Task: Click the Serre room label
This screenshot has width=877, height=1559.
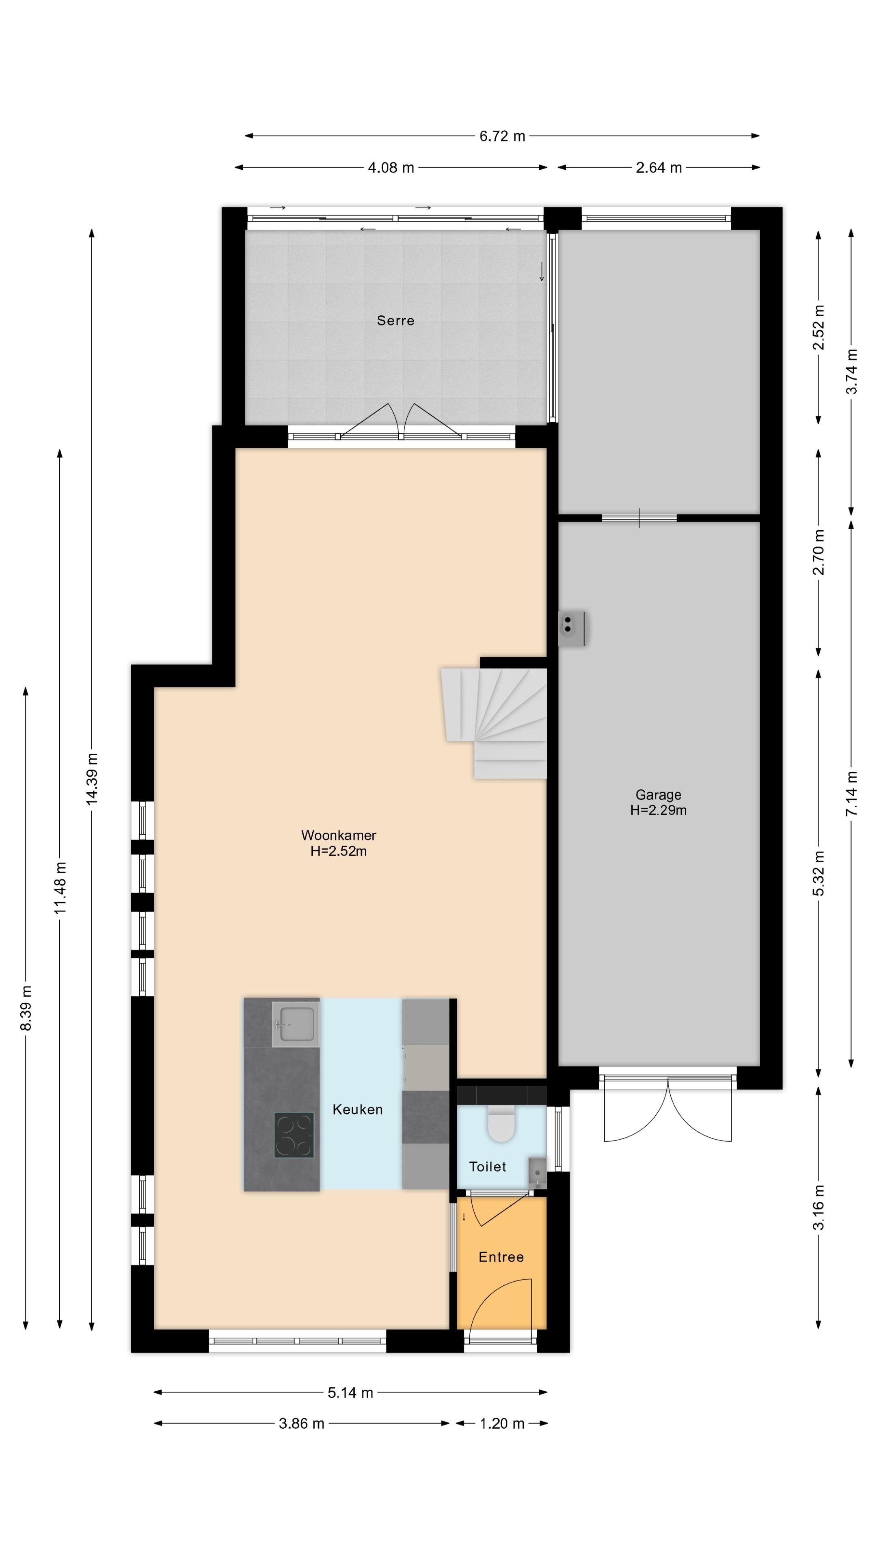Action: tap(395, 320)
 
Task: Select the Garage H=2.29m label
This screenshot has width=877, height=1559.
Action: tap(658, 803)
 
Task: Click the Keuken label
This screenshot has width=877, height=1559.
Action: tap(357, 1109)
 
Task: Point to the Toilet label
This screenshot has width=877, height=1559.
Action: tap(487, 1166)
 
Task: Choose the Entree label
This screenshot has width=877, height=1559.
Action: tap(501, 1257)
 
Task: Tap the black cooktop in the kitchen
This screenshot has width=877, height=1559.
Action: tap(294, 1136)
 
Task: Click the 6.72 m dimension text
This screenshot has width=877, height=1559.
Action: tap(502, 136)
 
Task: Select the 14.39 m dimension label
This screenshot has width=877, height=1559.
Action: tap(92, 779)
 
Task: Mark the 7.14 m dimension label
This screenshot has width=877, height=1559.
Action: tap(851, 793)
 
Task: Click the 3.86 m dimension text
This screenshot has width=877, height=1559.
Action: tap(301, 1423)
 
